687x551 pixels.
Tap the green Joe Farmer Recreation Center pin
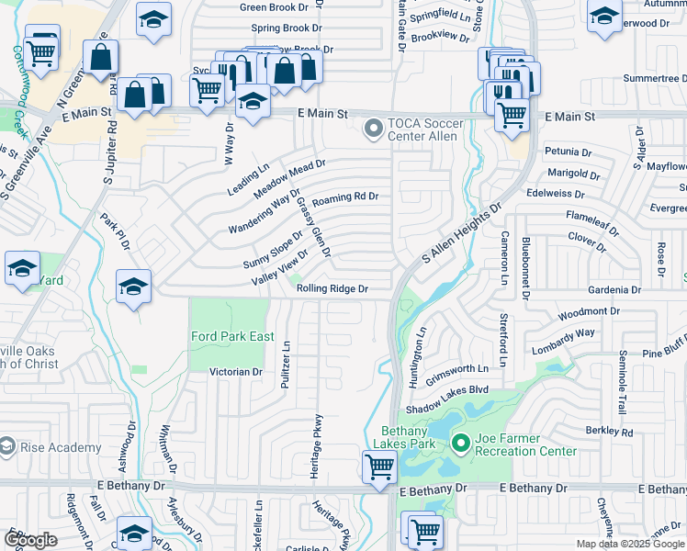point(461,444)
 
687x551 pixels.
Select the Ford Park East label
point(232,336)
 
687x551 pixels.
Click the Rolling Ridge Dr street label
point(332,288)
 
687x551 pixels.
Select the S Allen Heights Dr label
point(461,231)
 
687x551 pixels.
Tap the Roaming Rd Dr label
point(345,197)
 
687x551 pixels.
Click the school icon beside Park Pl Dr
point(133,286)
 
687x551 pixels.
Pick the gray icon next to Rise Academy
point(7,447)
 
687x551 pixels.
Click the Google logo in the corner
point(30,540)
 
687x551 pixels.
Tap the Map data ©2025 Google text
point(630,544)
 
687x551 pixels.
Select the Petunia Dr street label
point(568,151)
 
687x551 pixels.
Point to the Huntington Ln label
point(422,350)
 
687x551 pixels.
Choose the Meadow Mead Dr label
point(289,175)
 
